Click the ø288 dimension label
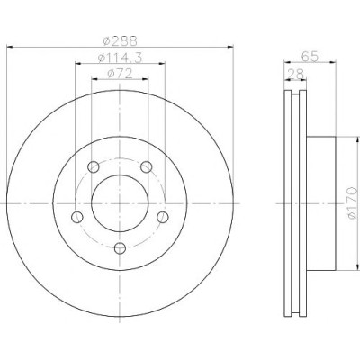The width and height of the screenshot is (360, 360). [x=120, y=41]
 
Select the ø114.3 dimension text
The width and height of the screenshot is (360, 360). [x=120, y=58]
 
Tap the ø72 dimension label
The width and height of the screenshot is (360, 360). [x=120, y=74]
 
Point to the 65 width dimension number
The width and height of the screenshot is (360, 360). [x=310, y=57]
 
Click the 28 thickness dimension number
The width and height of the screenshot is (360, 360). [x=295, y=74]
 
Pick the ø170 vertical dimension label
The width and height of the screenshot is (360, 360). [x=352, y=203]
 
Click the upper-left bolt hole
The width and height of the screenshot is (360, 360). [x=94, y=166]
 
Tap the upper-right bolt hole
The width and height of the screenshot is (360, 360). [x=147, y=166]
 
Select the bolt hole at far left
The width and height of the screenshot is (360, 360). [x=77, y=217]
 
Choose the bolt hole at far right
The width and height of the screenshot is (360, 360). [x=163, y=217]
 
